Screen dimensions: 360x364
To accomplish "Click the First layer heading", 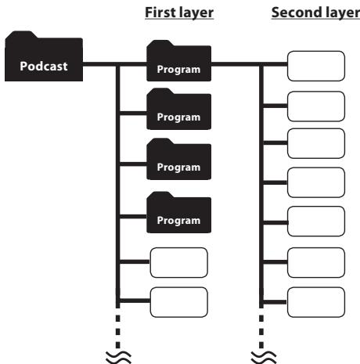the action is coord(179,13).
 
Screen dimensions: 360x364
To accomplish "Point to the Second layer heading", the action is coord(315,13).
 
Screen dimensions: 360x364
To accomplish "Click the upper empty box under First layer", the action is coord(179,262).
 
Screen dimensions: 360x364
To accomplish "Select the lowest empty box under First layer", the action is coord(179,302).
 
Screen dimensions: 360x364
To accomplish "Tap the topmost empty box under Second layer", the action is coord(316,66).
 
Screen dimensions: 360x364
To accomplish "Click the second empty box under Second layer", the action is coord(316,106).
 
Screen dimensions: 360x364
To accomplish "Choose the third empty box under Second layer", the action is coord(316,143).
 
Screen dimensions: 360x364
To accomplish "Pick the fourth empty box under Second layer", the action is coord(316,182).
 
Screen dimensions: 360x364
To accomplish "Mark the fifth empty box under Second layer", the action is coord(316,221).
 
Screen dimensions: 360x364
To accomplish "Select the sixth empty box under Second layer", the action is coord(316,262).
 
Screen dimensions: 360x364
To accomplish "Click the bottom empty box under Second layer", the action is coord(316,302).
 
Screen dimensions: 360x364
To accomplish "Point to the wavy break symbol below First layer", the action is coord(118,357).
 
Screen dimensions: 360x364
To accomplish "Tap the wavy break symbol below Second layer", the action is coord(263,357).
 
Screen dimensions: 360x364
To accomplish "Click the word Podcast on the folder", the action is coord(44,66).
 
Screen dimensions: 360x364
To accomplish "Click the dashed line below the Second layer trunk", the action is coord(261,331).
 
